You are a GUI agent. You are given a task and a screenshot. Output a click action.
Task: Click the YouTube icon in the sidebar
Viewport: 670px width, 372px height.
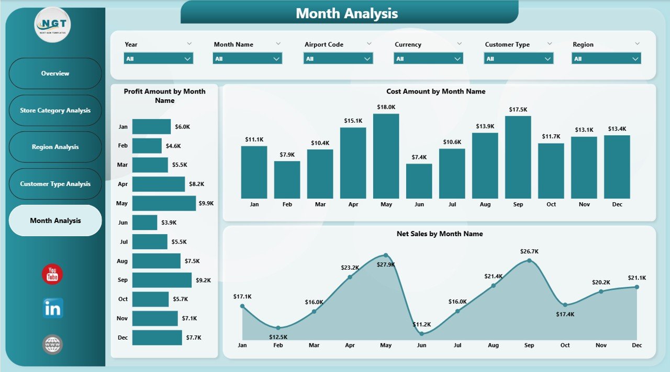[x=52, y=274]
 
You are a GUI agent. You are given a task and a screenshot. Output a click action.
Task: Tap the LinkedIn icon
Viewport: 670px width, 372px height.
[x=53, y=308]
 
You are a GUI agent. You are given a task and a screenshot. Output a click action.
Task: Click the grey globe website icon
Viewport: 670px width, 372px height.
[x=53, y=344]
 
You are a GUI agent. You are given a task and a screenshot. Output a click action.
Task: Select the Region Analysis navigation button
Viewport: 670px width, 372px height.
[x=55, y=147]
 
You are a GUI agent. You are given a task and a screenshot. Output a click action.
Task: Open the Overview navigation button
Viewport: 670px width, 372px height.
[x=55, y=74]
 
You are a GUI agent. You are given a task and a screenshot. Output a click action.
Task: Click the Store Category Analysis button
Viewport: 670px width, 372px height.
[x=55, y=110]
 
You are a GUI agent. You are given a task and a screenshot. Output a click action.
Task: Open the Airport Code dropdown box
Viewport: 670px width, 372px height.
[x=338, y=59]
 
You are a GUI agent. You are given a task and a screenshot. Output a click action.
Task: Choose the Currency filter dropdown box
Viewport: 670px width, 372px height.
[x=428, y=59]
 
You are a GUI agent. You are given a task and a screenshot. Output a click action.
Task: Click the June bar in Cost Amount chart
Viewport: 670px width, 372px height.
[x=419, y=181]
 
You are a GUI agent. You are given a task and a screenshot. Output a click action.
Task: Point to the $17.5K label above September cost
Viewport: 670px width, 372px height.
[x=518, y=110]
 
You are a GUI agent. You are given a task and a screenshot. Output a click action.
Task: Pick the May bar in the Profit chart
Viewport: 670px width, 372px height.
[x=164, y=203]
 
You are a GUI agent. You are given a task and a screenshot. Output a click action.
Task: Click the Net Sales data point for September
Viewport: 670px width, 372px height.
[x=529, y=260]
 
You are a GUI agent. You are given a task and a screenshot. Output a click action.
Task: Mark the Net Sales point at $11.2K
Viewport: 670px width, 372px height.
[x=422, y=333]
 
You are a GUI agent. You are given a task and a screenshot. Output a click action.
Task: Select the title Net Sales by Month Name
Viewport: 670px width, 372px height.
[x=440, y=234]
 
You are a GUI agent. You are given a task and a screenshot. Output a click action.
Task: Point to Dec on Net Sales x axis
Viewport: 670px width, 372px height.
[x=636, y=345]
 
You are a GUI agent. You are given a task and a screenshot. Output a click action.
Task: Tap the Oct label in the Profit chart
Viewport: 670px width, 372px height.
[x=123, y=299]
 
